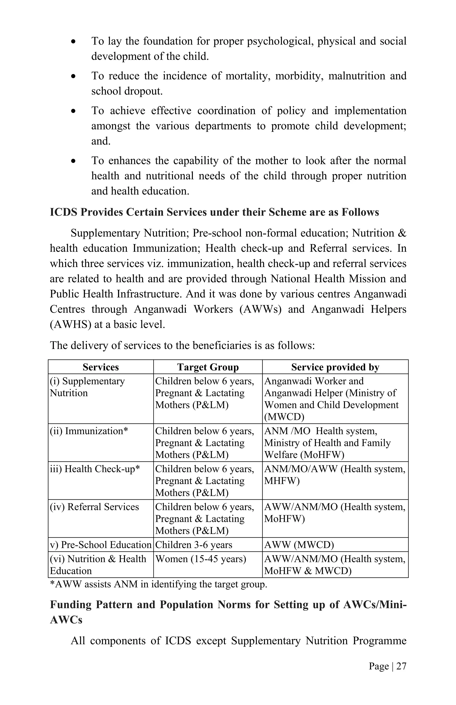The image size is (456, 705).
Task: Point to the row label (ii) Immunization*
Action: [89, 431]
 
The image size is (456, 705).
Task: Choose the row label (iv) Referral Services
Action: [94, 507]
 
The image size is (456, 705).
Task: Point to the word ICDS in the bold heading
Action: [63, 212]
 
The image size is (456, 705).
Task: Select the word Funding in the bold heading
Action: [71, 604]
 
